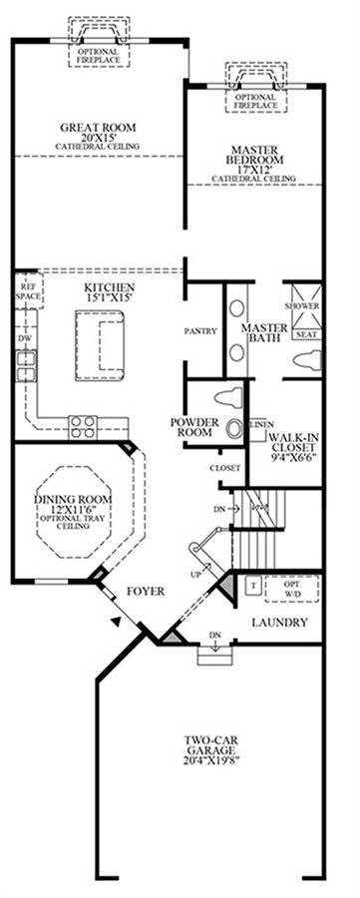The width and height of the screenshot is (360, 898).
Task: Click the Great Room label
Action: tap(98, 137)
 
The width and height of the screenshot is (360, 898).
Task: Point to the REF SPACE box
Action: tap(28, 291)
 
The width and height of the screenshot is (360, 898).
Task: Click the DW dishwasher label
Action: tap(24, 339)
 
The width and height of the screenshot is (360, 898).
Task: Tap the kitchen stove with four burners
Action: tap(82, 426)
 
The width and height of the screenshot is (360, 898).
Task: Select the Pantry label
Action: tap(200, 331)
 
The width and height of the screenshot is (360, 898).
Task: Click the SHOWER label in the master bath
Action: tap(301, 306)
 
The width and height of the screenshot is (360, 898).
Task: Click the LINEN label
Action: tap(261, 424)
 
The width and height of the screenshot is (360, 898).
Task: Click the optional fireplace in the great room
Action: tap(99, 40)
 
